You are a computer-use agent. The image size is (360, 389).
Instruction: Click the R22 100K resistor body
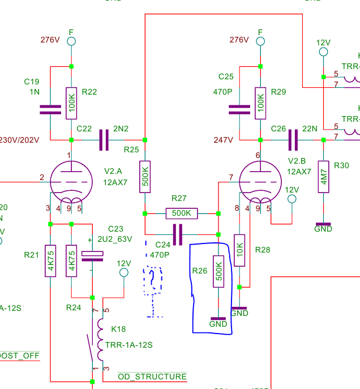71,103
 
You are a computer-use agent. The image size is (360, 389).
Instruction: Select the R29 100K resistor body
260,103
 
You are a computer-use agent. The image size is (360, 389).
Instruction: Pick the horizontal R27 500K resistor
182,213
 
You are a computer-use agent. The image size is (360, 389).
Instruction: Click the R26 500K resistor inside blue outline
218,271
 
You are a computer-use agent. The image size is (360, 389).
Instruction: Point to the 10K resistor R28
239,249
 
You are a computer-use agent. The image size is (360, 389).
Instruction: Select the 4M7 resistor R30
323,177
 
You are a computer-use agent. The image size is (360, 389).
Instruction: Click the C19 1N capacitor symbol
50,109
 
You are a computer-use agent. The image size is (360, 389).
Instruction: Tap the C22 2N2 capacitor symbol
104,140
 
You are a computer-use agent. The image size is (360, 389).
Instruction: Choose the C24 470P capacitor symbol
178,234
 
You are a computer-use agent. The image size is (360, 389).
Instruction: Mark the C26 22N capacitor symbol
293,140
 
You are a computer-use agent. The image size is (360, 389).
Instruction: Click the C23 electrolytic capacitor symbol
92,256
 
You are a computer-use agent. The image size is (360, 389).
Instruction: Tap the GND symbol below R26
218,321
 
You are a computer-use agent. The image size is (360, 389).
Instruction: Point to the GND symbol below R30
323,226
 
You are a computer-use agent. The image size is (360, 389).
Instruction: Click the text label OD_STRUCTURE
152,377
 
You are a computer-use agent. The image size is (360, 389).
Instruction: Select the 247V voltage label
223,139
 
